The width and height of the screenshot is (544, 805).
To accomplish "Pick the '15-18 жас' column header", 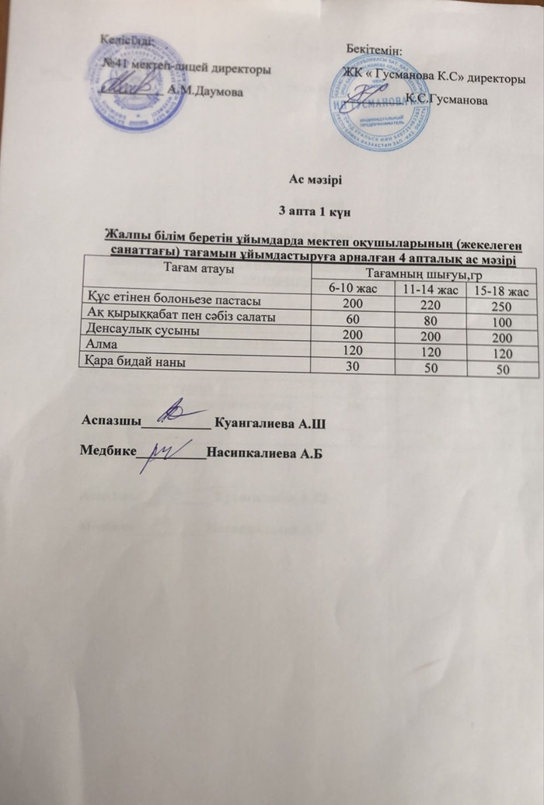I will coord(504,291).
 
